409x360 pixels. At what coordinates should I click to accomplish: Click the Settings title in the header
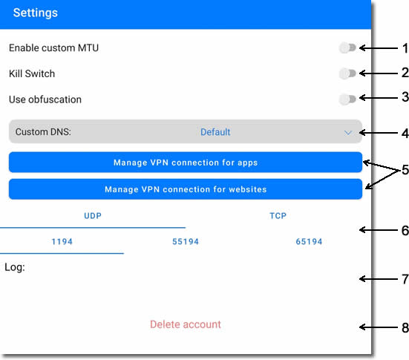[36, 13]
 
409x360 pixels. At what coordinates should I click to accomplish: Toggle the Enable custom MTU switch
[347, 48]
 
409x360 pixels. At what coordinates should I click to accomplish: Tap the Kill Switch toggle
[347, 73]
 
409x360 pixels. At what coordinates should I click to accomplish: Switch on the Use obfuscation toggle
[347, 99]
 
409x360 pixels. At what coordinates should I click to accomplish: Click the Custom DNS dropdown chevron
[347, 133]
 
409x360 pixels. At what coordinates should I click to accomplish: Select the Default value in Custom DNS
[215, 132]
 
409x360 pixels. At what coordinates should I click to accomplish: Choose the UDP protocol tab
[93, 216]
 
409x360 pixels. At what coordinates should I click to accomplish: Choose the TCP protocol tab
[278, 216]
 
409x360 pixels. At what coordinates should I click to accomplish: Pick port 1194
[62, 241]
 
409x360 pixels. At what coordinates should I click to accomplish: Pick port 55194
[186, 241]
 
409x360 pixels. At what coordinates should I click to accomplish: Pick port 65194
[309, 241]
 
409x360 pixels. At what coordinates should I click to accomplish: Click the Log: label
[15, 267]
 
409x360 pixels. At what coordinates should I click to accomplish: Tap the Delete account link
[186, 324]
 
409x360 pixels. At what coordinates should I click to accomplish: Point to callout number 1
[405, 48]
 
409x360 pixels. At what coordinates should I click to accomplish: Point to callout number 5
[405, 170]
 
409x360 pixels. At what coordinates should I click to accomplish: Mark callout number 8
[405, 327]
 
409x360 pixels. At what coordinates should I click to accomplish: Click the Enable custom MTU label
[53, 48]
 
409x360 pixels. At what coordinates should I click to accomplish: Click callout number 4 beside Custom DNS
[405, 134]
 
